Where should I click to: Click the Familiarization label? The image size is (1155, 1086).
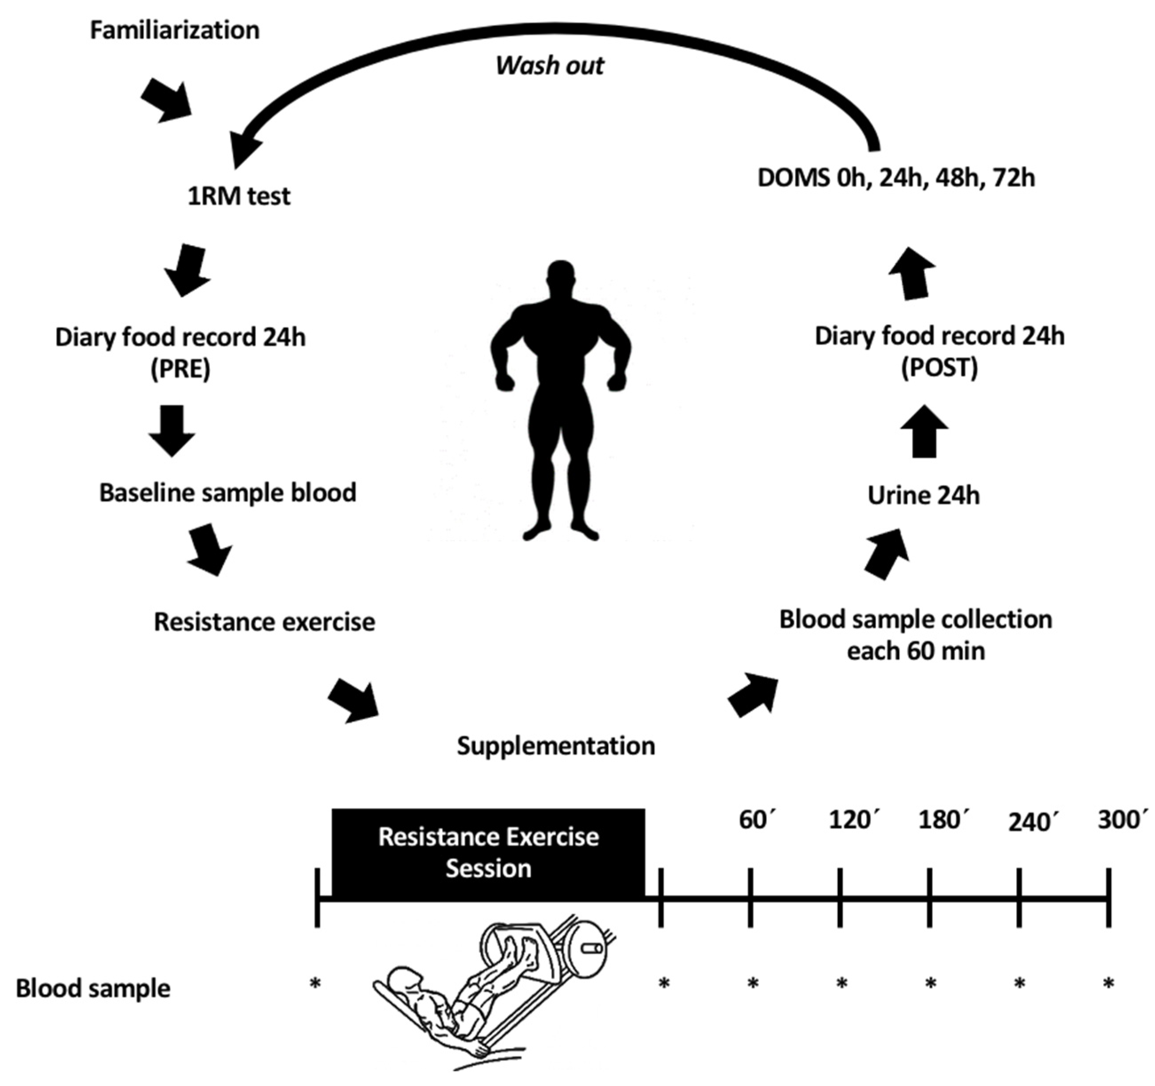click(174, 30)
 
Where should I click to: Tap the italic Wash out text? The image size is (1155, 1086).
click(550, 65)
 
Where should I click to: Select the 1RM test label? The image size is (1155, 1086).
click(239, 197)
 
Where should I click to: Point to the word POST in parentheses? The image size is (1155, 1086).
click(939, 367)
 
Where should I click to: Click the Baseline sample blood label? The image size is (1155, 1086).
click(228, 493)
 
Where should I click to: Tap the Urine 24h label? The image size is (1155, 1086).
click(923, 496)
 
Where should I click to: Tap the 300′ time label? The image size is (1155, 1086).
click(1122, 820)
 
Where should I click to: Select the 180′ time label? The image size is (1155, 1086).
click(943, 820)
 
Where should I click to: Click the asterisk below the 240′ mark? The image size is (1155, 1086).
click(1019, 983)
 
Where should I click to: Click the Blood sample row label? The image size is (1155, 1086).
click(93, 988)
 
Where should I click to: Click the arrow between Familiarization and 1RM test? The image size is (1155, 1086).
click(167, 102)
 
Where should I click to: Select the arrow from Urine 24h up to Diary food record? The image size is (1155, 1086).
click(924, 431)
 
